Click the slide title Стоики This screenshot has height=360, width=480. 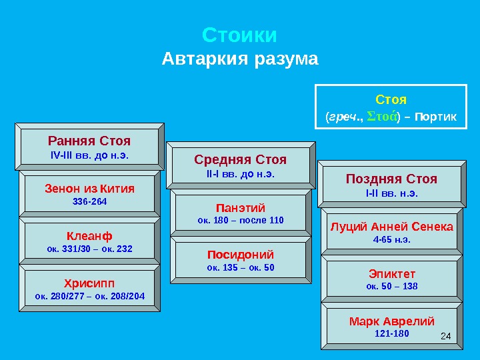pos(239,35)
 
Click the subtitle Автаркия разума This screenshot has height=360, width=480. pos(240,60)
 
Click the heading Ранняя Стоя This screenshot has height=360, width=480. pos(89,141)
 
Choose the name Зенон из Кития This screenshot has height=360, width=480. pos(89,189)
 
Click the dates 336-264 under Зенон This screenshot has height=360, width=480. pos(89,201)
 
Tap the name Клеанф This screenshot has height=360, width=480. pos(89,236)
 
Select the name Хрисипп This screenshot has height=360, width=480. pos(89,283)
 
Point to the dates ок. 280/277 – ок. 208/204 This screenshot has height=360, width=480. pos(89,295)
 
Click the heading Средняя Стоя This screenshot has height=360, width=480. pos(240,160)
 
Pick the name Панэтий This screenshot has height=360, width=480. pos(241,207)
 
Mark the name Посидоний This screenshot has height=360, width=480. pos(241,255)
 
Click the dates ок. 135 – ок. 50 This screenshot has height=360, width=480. pos(241,267)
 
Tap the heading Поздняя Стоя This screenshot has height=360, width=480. pos(391,179)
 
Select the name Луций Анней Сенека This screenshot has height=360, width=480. pos(392,227)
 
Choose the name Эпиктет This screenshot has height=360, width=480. pos(392,273)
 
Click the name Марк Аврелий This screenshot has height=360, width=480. pos(392,321)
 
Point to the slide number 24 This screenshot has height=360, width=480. pos(447,333)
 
